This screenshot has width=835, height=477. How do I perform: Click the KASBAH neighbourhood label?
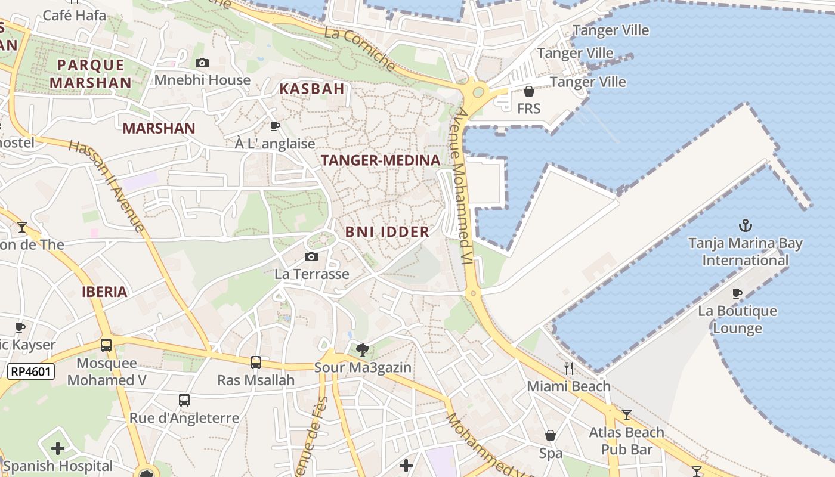click(312, 89)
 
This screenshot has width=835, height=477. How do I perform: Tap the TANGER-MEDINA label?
click(381, 160)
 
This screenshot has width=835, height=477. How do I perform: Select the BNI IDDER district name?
click(387, 232)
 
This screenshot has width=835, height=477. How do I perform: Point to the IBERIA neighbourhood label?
click(105, 292)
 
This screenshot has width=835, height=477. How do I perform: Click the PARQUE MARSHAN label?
click(91, 74)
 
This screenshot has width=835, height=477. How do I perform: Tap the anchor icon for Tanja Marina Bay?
click(745, 225)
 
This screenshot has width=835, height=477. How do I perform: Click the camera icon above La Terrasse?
click(311, 256)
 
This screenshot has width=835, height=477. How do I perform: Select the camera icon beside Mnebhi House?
click(202, 63)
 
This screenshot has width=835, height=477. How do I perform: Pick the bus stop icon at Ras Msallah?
click(256, 362)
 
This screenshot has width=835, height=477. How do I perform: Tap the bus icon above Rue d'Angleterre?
click(184, 400)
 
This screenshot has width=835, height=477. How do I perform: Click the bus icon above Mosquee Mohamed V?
click(106, 345)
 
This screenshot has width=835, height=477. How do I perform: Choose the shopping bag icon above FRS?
click(528, 91)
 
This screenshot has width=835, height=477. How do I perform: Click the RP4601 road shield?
click(31, 372)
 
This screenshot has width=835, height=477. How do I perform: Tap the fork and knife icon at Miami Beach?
click(568, 368)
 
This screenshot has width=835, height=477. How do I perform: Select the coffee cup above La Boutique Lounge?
click(737, 293)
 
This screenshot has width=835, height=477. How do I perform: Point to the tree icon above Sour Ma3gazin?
click(361, 349)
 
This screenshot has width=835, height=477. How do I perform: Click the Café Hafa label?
click(75, 15)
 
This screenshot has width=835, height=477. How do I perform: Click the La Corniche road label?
click(360, 50)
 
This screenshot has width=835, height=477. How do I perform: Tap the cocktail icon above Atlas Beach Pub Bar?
click(627, 414)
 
